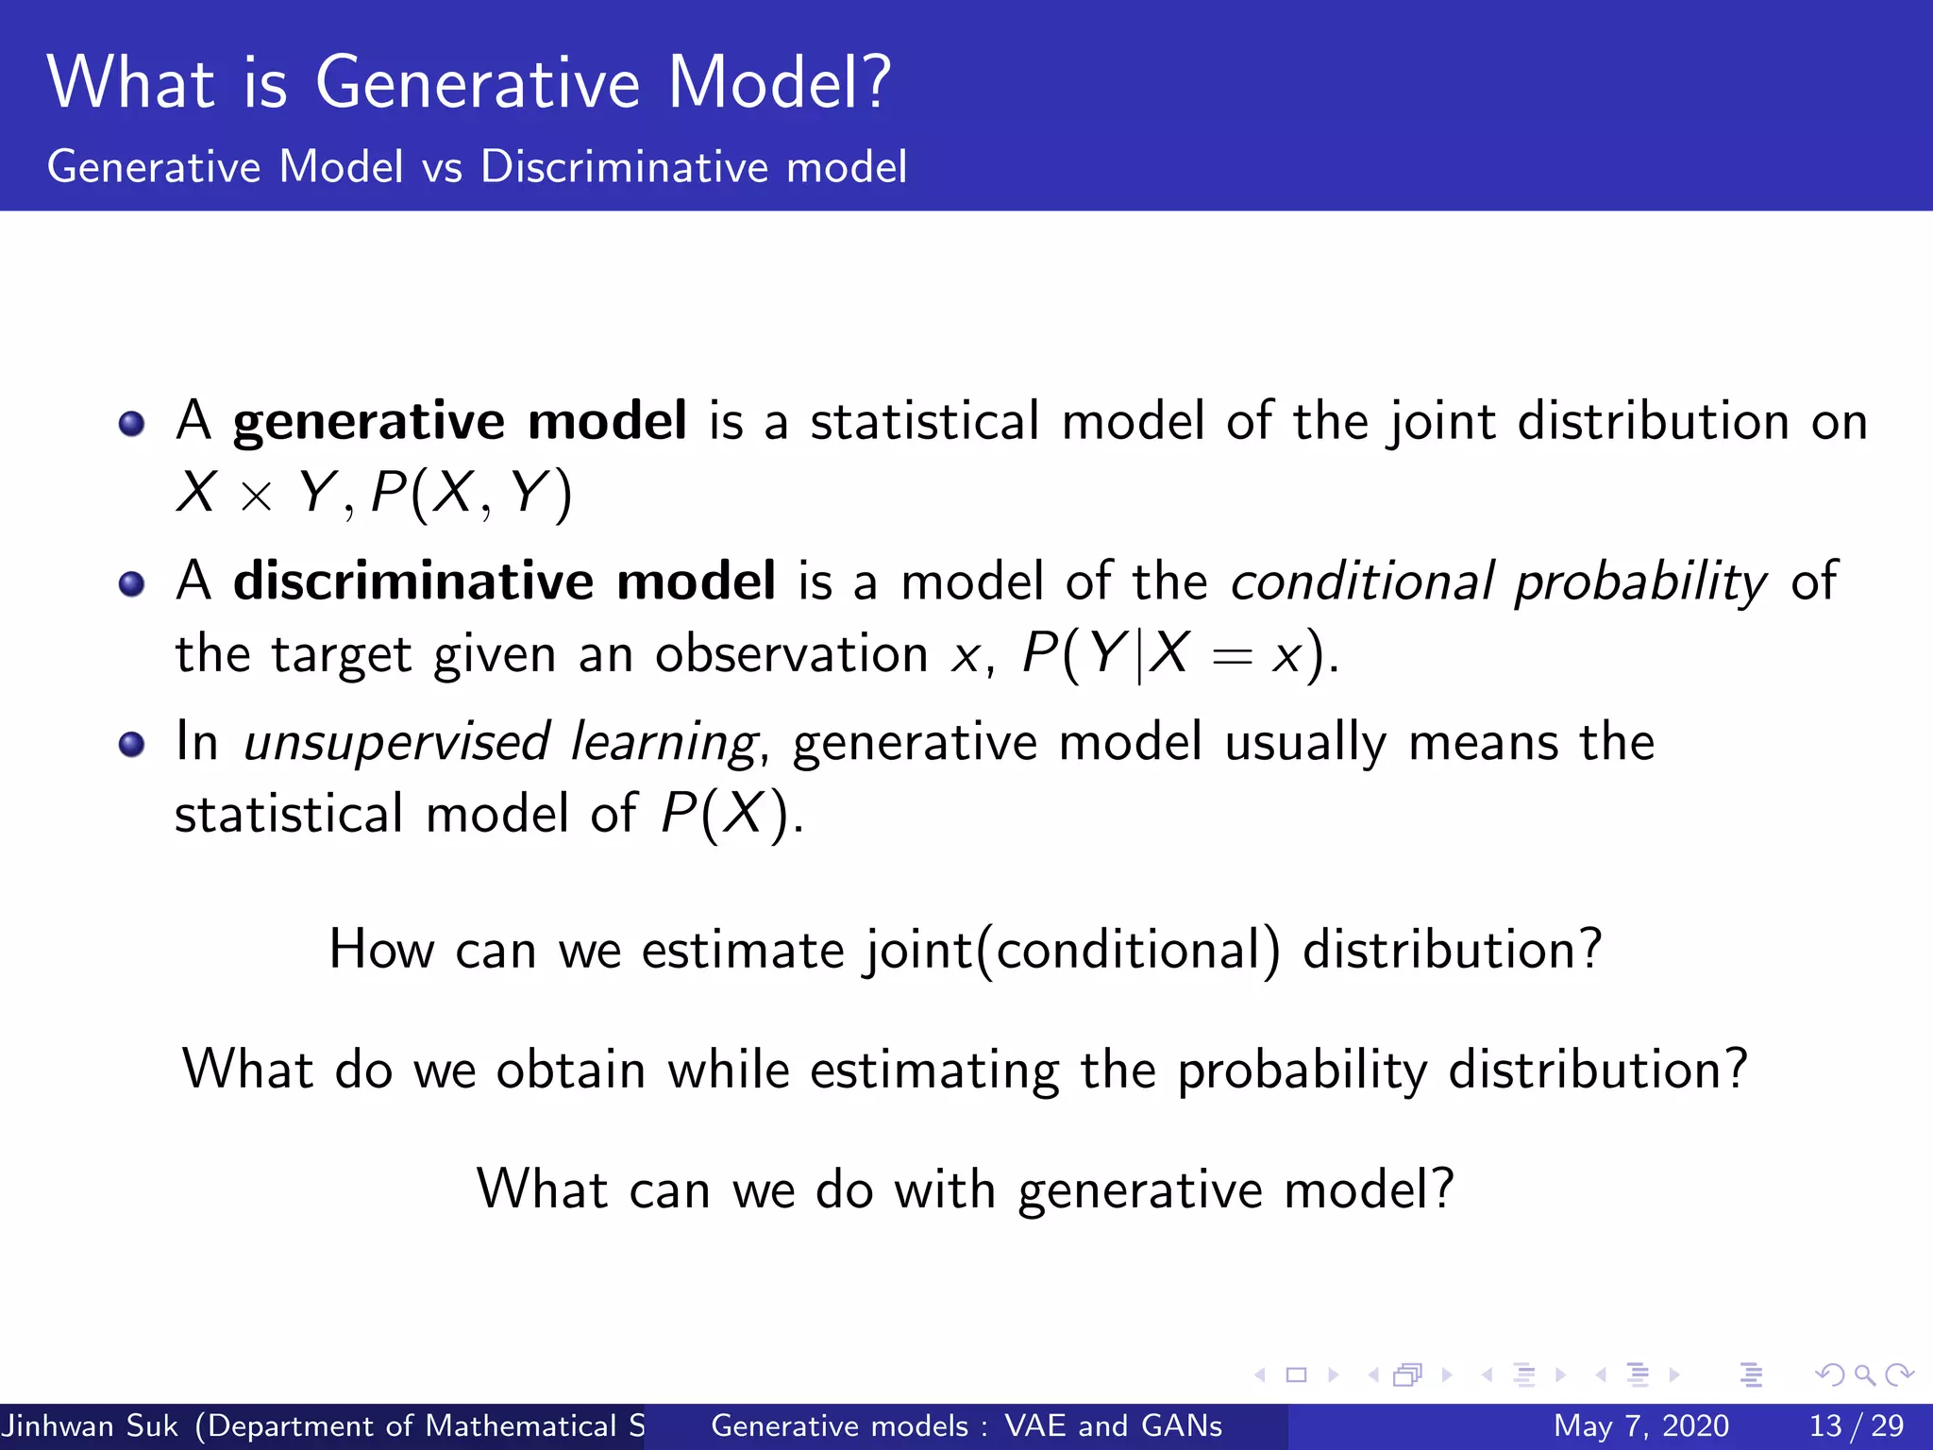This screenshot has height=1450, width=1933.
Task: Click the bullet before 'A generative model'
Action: coord(132,424)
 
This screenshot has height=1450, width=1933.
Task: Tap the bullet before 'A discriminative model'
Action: coord(132,583)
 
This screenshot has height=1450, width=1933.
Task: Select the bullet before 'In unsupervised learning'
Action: coord(132,744)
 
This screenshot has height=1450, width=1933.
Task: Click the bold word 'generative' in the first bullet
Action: coord(369,422)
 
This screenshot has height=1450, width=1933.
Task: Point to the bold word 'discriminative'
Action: coord(413,581)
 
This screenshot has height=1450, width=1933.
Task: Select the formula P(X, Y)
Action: coord(471,493)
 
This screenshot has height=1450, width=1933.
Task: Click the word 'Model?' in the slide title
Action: coord(779,83)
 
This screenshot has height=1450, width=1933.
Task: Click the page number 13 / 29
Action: coord(1856,1425)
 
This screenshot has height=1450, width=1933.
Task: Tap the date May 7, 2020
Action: coord(1640,1425)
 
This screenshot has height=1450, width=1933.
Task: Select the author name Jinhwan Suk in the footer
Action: coord(90,1425)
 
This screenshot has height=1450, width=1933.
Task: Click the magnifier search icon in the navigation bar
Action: coord(1863,1374)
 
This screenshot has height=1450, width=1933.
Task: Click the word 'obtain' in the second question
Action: coord(571,1071)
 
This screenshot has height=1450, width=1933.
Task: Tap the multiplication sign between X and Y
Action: coord(256,497)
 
